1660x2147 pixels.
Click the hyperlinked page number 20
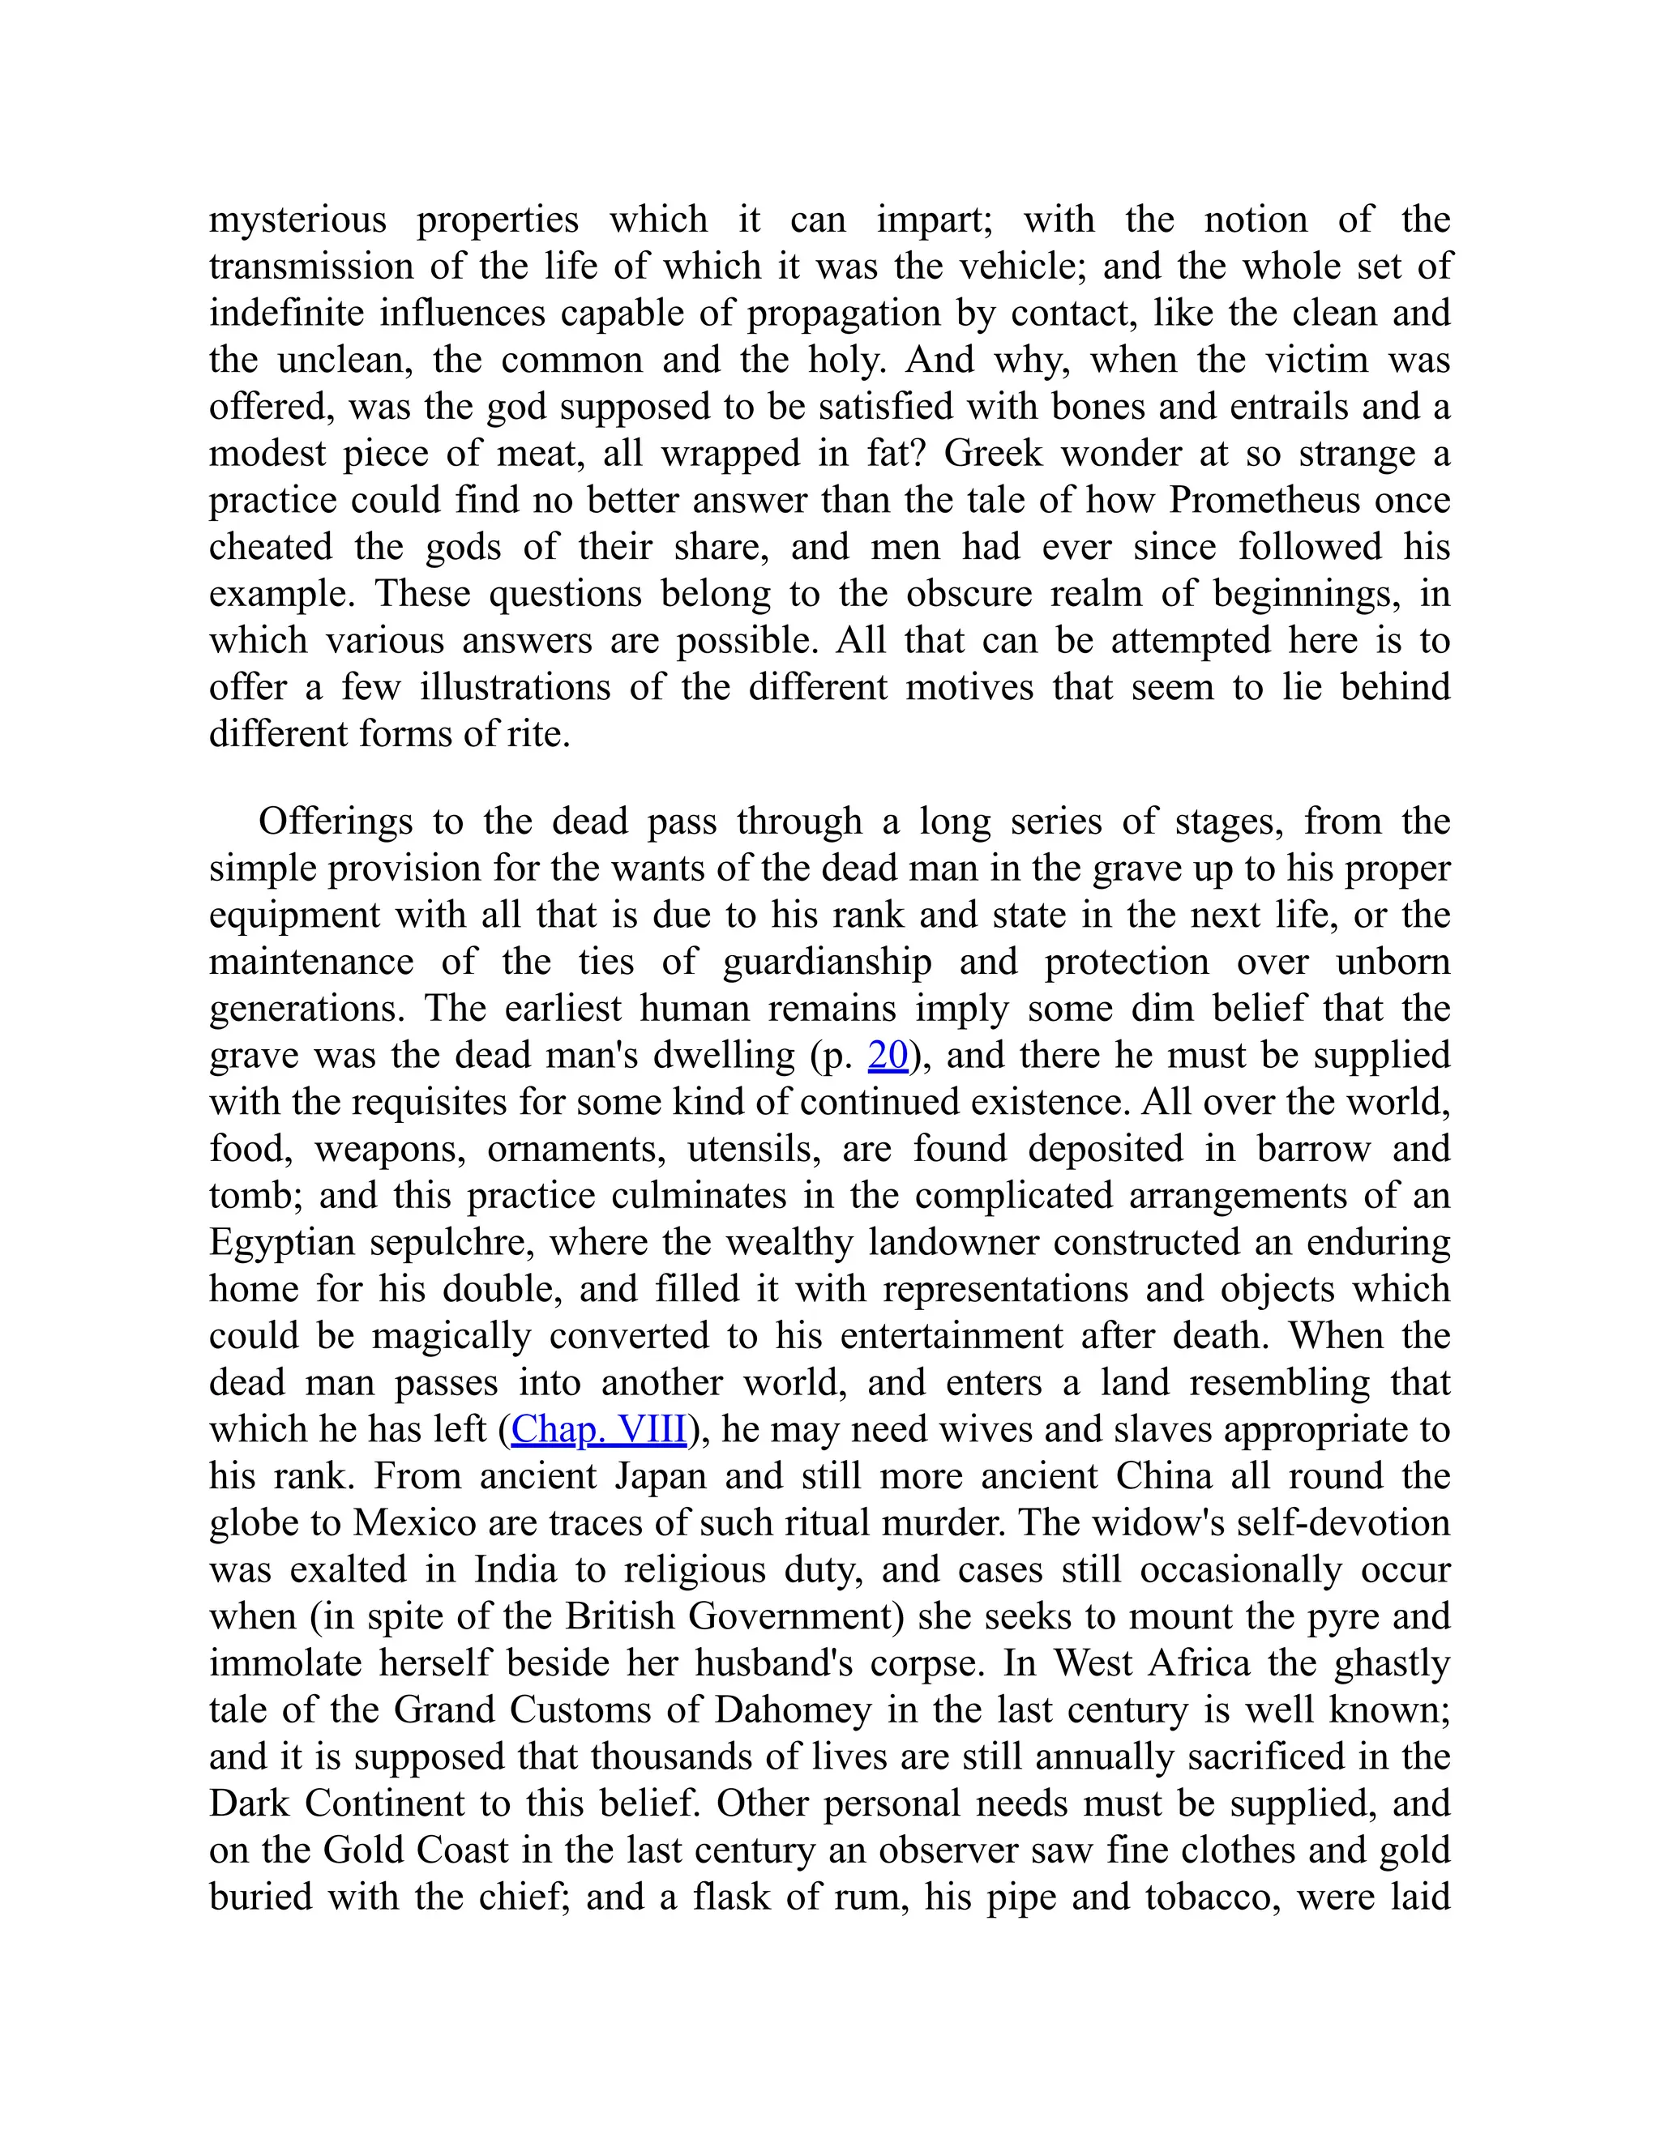tap(888, 1055)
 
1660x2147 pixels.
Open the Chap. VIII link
tap(599, 1429)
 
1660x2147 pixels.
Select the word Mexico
tap(414, 1523)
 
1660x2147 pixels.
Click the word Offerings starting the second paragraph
tap(336, 821)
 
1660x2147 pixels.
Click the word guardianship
tap(827, 962)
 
